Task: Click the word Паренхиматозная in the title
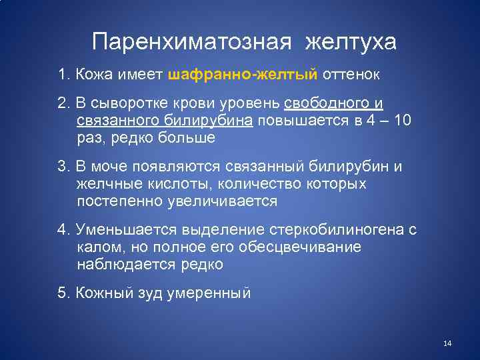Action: pyautogui.click(x=191, y=42)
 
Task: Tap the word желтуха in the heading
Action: pyautogui.click(x=351, y=42)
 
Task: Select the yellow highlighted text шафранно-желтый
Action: pyautogui.click(x=243, y=74)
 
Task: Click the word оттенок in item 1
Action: pyautogui.click(x=351, y=74)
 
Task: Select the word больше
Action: pyautogui.click(x=188, y=138)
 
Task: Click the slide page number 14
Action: pyautogui.click(x=447, y=343)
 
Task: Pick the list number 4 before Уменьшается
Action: pyautogui.click(x=62, y=231)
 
